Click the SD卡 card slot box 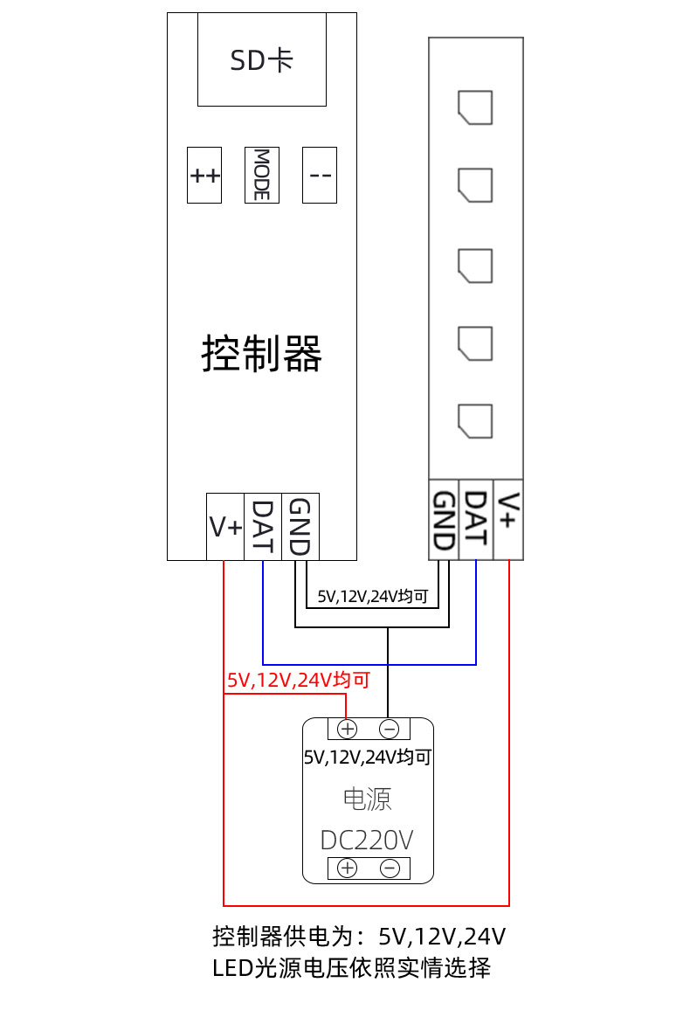point(261,59)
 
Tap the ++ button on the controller point(205,175)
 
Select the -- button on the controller point(320,175)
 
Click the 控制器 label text point(262,354)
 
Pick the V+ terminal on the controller point(224,527)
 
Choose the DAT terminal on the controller point(263,527)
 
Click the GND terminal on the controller point(300,527)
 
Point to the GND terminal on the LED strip point(445,520)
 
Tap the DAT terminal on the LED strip point(476,520)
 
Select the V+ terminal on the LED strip point(508,520)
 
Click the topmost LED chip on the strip point(475,107)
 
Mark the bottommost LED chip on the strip point(475,419)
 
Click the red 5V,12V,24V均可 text point(299,680)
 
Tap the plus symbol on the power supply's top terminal point(347,729)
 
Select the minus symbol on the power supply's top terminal point(390,729)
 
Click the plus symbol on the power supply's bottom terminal point(347,868)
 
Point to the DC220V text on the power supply point(367,841)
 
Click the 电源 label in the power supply point(367,799)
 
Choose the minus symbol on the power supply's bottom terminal point(390,868)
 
